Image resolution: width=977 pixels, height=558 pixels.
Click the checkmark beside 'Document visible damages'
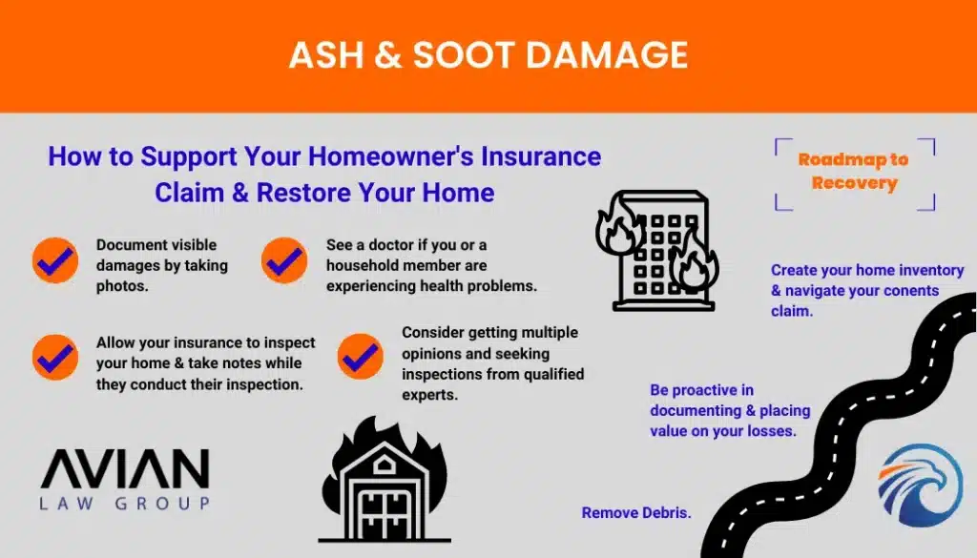pos(55,260)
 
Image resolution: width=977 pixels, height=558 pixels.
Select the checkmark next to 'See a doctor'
pos(284,260)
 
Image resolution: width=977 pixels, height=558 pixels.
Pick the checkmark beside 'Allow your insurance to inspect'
pos(55,358)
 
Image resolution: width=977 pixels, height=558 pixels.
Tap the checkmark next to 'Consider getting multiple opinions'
pos(361,357)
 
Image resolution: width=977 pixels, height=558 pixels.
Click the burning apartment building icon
pos(657,250)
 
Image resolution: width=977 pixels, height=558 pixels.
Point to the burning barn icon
pos(385,480)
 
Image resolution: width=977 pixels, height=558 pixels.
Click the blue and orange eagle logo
pos(921,486)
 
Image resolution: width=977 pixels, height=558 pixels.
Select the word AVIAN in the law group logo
pos(125,468)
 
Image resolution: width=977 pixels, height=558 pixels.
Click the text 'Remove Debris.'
pos(636,512)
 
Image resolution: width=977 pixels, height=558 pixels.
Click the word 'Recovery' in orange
pos(854,183)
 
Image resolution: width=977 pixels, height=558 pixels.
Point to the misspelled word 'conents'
pos(911,291)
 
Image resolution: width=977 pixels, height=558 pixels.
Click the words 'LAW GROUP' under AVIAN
pos(125,504)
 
